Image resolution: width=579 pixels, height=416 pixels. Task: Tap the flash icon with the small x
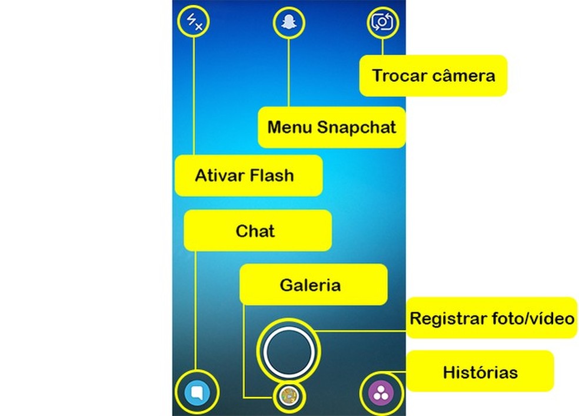194,23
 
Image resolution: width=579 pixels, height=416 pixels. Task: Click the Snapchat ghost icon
288,23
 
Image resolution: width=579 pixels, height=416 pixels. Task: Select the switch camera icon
382,23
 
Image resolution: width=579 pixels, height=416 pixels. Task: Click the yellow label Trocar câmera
433,75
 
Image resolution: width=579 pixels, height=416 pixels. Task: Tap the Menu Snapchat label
331,127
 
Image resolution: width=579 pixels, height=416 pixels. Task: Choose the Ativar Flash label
248,176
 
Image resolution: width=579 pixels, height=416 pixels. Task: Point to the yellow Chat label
257,231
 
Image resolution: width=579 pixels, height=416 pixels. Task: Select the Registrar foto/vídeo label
491,318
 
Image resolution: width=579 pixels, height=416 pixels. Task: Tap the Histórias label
480,372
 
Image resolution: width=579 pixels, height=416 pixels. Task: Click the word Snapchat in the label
357,127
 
